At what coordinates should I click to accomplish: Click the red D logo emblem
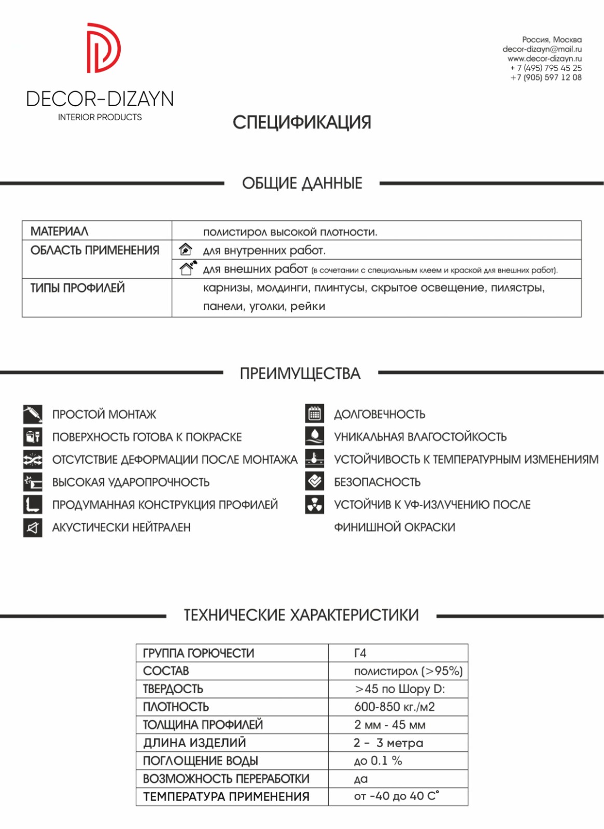(103, 48)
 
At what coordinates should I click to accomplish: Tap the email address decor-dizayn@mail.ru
(542, 49)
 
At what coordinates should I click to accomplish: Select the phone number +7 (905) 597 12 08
(546, 78)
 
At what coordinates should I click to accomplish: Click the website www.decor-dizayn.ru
(544, 59)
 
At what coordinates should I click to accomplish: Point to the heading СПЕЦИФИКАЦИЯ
(302, 123)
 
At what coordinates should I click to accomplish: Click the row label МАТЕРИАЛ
(60, 231)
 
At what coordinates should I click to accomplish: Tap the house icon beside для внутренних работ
(186, 250)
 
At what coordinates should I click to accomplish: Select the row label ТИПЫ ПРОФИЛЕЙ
(78, 288)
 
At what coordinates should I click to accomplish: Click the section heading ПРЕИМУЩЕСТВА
(300, 374)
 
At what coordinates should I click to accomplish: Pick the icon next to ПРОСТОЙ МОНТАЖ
(33, 414)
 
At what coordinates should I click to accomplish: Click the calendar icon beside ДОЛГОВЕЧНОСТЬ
(315, 414)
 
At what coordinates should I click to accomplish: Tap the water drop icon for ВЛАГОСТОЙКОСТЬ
(315, 436)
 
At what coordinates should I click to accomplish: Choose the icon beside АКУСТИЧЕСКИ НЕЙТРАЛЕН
(33, 527)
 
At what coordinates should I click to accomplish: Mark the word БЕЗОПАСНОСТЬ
(377, 482)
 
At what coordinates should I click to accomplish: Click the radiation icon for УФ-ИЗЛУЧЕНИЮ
(315, 505)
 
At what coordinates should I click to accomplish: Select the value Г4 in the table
(360, 653)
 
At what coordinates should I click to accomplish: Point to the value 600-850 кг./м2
(394, 707)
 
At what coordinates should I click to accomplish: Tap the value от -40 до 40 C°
(396, 796)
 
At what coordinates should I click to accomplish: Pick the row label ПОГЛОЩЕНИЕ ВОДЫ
(200, 761)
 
